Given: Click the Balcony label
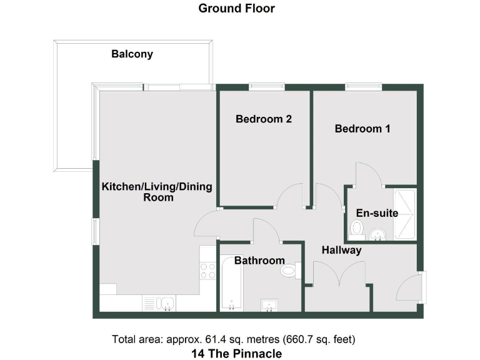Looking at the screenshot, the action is pos(132,54).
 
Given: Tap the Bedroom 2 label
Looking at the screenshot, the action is pos(264,119).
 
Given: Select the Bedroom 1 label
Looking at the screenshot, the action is pos(362,129).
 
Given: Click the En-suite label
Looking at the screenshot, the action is pos(377,213).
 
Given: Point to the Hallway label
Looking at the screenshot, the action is pos(341,250).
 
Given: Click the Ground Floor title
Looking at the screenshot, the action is pos(236,8).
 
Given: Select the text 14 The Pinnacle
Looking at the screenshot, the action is pos(236,354).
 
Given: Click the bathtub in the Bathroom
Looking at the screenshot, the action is pos(231,283).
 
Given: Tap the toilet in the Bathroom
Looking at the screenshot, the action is pos(291,271).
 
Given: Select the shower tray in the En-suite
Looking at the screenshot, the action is pos(404,214).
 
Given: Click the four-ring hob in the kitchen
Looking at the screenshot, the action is pos(208,271).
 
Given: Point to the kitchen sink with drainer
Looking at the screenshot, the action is pos(159,303).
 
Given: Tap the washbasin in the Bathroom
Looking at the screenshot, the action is pos(269,305).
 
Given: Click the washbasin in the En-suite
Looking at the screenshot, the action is pos(377,235).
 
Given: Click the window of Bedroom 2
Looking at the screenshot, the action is pos(267,87).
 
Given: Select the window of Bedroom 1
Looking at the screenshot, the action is pos(363,87).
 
